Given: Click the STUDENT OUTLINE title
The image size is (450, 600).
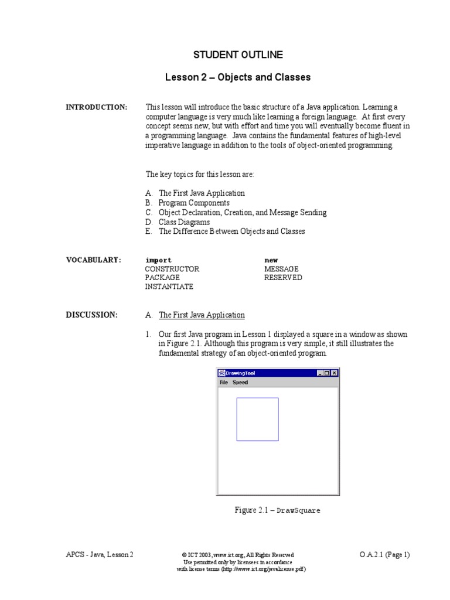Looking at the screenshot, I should pos(238,54).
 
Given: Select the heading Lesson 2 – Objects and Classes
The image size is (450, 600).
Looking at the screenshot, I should pos(238,77).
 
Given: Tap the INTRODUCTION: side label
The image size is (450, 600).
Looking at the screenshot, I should pos(96,107).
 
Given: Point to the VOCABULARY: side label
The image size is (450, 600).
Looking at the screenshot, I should pos(93,260).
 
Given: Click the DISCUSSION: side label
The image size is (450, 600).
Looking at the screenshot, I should pos(91,315).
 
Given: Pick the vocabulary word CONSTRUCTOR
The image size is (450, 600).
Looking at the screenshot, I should pos(172,269).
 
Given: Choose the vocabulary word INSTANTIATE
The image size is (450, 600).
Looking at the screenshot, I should pos(169,287).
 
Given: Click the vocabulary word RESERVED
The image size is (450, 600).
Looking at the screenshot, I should pos(283,278).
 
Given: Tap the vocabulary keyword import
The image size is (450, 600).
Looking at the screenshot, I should pos(158,260).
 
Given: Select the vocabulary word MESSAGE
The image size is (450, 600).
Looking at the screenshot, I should pos(281,269).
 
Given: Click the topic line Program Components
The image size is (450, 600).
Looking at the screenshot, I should pos(194,203).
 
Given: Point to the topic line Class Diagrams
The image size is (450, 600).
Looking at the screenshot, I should pos(184,222).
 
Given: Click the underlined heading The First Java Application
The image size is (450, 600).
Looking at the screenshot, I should pos(202,315).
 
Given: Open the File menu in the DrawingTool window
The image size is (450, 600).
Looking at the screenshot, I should pos(223,383).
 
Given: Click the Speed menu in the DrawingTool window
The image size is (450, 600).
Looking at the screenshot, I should pos(240,383).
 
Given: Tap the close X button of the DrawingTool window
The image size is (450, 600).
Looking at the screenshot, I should pos(334,373).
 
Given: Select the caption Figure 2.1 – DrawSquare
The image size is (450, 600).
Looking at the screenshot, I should pos(277,510).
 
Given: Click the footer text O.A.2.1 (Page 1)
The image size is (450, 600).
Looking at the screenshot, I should pos(384,555).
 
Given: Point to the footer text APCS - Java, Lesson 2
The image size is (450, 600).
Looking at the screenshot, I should pos(100,555).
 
